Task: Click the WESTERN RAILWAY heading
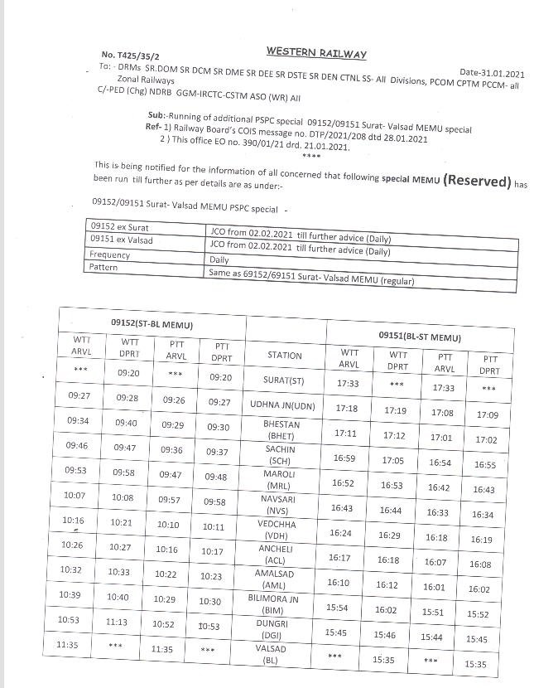(x=316, y=53)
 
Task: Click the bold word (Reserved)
(x=471, y=180)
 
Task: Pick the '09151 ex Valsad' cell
(x=122, y=240)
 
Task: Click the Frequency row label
(x=110, y=254)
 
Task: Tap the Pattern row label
(x=104, y=267)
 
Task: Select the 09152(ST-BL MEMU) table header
(x=152, y=323)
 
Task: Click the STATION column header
(x=285, y=356)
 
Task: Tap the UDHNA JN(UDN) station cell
(x=283, y=405)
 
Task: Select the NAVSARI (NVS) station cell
(x=281, y=506)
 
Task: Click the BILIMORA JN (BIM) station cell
(x=279, y=603)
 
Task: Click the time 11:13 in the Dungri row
(x=117, y=622)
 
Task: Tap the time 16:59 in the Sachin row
(x=344, y=458)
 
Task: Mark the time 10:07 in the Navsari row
(x=75, y=495)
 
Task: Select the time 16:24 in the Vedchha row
(x=340, y=533)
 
